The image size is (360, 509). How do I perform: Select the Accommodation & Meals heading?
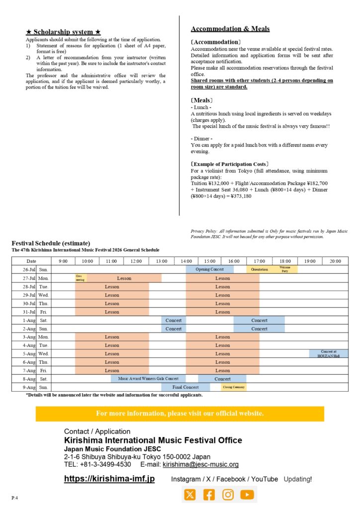[x=230, y=29]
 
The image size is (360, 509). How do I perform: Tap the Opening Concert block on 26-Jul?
[x=209, y=269]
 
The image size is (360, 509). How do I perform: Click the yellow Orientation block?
[x=259, y=269]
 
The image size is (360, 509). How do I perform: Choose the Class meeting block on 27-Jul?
[x=81, y=278]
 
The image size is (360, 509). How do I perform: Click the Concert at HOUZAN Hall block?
[x=328, y=353]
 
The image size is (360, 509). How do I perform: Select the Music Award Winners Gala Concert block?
[x=148, y=379]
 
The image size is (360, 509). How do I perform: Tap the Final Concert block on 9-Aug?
[x=185, y=387]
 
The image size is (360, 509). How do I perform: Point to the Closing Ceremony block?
[x=234, y=387]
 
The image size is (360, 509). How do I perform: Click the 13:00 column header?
[x=161, y=261]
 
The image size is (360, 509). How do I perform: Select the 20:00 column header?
[x=335, y=261]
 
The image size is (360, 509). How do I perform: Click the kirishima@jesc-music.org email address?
[x=200, y=464]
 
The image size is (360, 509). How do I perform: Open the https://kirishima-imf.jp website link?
[x=109, y=479]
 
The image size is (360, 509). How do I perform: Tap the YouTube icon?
[x=247, y=495]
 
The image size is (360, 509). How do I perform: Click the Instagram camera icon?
[x=228, y=495]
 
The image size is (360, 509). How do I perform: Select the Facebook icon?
[x=209, y=495]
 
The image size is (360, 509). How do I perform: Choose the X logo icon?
[x=190, y=495]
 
